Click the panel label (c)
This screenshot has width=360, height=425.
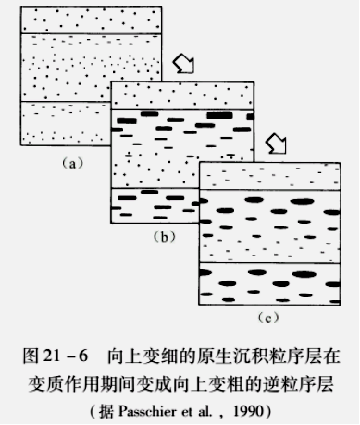point(268,318)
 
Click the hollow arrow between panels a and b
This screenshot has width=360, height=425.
point(185,65)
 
